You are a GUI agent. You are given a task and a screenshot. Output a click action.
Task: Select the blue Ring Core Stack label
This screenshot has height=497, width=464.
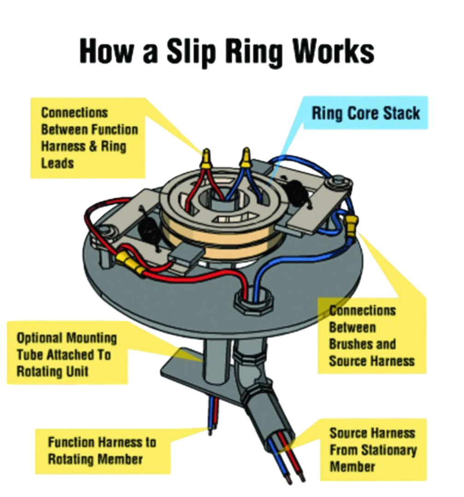pos(365,113)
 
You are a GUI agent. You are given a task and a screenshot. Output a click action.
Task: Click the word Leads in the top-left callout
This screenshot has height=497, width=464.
pos(58,163)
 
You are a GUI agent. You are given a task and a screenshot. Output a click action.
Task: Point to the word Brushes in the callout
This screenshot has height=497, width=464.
pos(362,344)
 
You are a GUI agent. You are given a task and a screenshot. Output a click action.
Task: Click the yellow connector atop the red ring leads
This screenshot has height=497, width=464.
pos(207,158)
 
